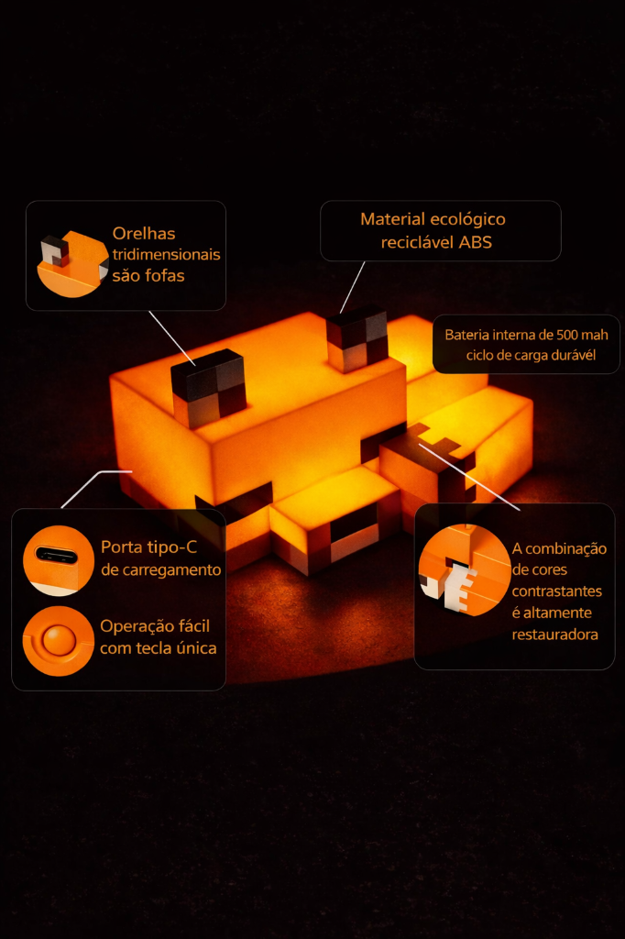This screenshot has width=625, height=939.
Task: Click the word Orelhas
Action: click(144, 234)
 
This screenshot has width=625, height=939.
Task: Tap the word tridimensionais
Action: click(167, 255)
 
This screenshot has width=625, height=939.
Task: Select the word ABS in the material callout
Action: click(476, 242)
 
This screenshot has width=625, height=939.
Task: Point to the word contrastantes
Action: click(557, 591)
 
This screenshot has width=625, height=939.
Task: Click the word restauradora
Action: click(555, 635)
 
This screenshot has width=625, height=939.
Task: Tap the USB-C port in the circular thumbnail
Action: click(56, 555)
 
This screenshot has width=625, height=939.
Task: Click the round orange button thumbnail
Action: click(58, 641)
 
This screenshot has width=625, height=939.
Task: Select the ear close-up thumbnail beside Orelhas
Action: click(72, 263)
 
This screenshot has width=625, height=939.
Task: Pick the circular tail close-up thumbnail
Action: click(465, 570)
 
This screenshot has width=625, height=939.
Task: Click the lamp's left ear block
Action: click(209, 388)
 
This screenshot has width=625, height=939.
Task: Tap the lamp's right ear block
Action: click(356, 338)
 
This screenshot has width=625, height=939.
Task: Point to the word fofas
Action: click(165, 275)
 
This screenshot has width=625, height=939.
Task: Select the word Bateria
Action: click(466, 335)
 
